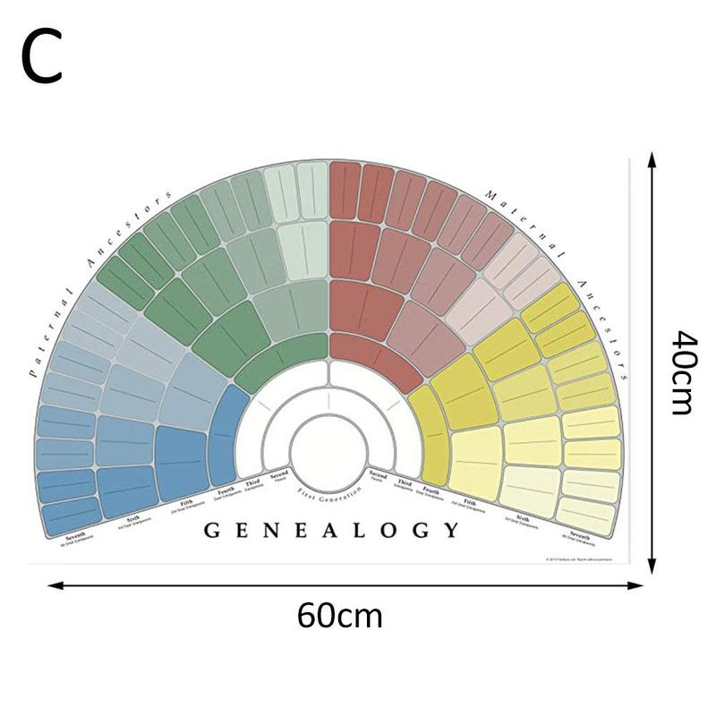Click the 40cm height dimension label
(x=682, y=372)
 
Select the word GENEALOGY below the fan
(x=331, y=530)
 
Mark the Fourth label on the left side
(x=226, y=490)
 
